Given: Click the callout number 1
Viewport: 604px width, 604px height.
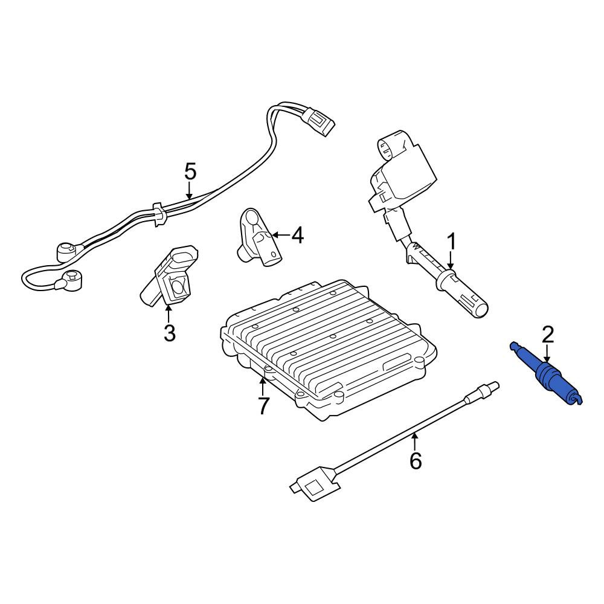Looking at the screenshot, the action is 451,242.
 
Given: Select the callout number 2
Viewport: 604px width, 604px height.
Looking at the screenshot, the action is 547,335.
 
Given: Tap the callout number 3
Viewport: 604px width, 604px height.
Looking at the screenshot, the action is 170,333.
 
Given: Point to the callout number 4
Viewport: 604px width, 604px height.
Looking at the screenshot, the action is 297,235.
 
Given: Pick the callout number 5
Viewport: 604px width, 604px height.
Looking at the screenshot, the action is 190,172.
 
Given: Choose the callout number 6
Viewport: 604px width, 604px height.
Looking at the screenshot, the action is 416,461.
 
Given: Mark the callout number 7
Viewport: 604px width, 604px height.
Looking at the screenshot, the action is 263,406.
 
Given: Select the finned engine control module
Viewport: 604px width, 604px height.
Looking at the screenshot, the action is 329,350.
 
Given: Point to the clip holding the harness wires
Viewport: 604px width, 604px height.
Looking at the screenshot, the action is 159,214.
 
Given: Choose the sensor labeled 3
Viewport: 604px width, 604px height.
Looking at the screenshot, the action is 170,274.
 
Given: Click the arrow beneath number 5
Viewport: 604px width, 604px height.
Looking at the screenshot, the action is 188,191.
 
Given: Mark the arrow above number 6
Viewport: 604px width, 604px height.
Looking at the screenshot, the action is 414,442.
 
